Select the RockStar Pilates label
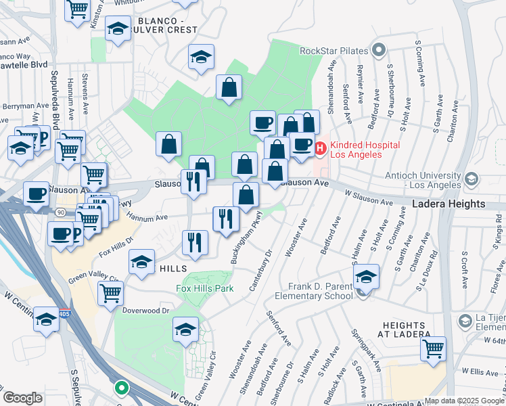(333, 50)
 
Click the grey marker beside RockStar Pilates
(378, 50)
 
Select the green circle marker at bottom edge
(121, 388)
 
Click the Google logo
(22, 397)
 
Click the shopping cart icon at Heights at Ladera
(433, 349)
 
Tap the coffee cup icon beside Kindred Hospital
(302, 145)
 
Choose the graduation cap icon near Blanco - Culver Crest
(118, 30)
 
